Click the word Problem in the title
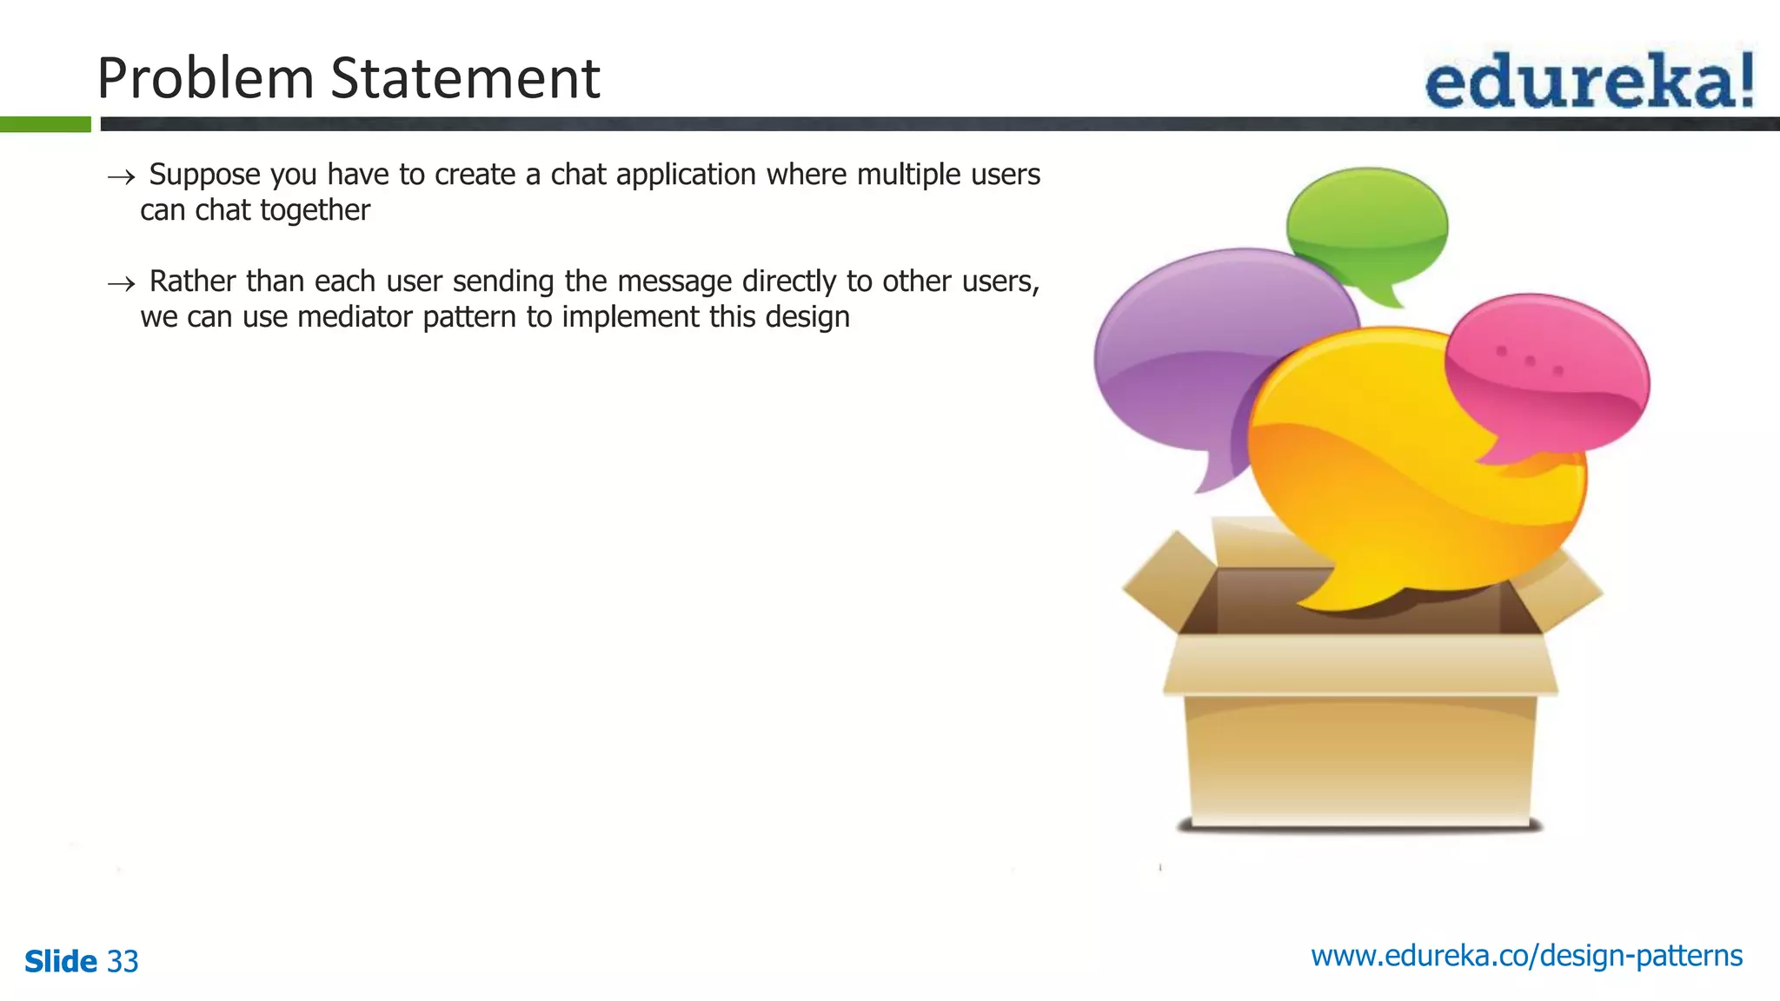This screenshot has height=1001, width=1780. [205, 78]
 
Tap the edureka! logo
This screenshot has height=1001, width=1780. [1589, 81]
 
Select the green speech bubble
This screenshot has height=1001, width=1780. [1366, 224]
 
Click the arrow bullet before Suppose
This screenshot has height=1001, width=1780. [122, 177]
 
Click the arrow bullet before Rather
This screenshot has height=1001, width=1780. [122, 284]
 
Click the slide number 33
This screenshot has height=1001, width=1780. [123, 961]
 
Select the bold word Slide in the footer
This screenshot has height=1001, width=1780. [61, 961]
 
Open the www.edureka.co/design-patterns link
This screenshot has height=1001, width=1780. [1526, 956]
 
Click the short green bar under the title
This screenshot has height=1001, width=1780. [45, 124]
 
